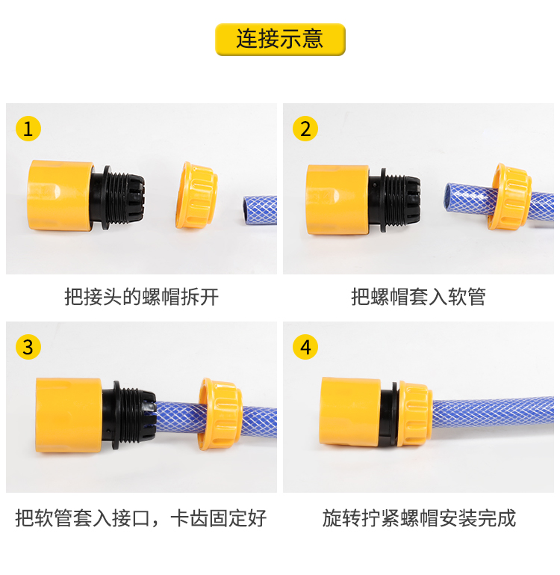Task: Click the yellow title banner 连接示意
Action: click(x=280, y=39)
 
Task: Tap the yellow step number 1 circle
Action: click(x=28, y=129)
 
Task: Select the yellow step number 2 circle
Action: click(x=305, y=129)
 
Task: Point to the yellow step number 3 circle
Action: click(x=28, y=347)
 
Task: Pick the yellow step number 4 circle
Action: click(x=305, y=347)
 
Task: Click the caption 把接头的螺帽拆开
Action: click(x=141, y=296)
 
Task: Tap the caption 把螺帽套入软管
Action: click(x=418, y=296)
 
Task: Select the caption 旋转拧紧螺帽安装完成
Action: click(x=419, y=517)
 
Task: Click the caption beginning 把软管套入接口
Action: click(x=141, y=517)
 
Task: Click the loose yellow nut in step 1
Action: click(x=196, y=195)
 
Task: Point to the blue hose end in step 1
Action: click(x=260, y=210)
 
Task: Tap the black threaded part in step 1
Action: click(x=117, y=197)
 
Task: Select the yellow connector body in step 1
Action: click(x=60, y=195)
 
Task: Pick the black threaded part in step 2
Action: click(x=394, y=200)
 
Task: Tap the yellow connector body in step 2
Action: click(x=337, y=200)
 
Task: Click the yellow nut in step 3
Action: click(x=220, y=414)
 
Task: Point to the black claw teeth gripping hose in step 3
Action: click(x=146, y=414)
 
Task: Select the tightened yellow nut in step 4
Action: click(x=414, y=413)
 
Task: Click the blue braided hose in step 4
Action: click(x=493, y=416)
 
